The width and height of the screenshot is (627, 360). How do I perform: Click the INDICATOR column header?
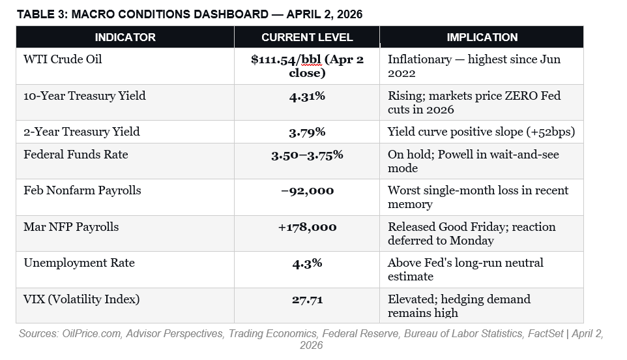point(125,37)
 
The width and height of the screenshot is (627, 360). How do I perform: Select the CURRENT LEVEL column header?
point(307,37)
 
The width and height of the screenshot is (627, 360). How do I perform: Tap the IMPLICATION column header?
point(482,37)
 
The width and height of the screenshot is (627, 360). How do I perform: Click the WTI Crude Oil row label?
point(63,59)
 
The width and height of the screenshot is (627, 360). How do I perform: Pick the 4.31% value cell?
point(307,96)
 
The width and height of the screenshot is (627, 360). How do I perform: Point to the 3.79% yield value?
point(307,132)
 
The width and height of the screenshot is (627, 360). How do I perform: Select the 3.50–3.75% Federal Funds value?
point(307,155)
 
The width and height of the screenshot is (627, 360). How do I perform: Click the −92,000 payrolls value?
point(307,190)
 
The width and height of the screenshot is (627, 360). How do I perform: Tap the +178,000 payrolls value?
point(307,227)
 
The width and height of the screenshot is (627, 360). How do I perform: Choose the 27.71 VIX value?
point(307,299)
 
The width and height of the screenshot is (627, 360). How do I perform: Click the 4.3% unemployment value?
point(307,263)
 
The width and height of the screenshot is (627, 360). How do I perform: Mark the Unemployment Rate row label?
point(79,263)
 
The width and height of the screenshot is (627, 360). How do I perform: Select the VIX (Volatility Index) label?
point(81,299)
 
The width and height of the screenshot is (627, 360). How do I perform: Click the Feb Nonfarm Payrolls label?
point(82,190)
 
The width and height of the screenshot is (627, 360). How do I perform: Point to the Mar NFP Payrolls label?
point(72,227)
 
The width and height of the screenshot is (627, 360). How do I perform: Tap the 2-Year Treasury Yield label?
point(81,132)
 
